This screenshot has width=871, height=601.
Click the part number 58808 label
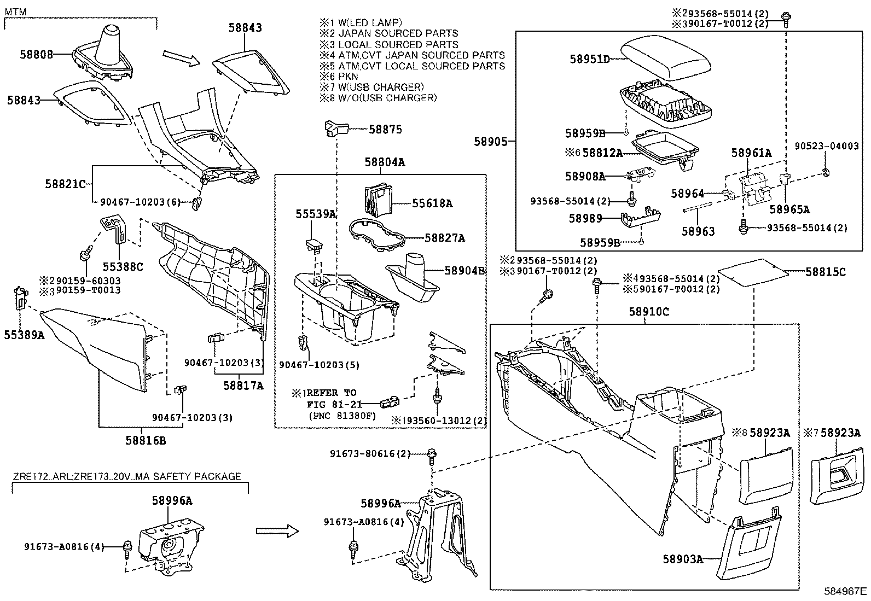pyautogui.click(x=37, y=54)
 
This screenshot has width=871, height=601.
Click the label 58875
pyautogui.click(x=385, y=130)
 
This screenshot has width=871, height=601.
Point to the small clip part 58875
pyautogui.click(x=336, y=128)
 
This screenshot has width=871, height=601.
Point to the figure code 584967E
pyautogui.click(x=846, y=591)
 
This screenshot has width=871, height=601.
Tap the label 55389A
pyautogui.click(x=24, y=335)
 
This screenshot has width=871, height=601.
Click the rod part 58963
pyautogui.click(x=697, y=207)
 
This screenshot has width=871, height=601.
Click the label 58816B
pyautogui.click(x=145, y=440)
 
